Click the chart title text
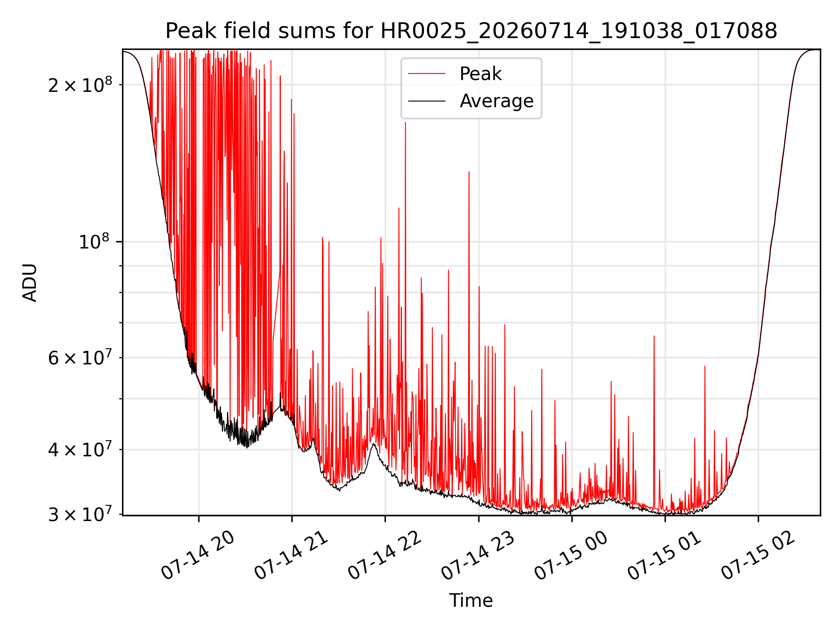(471, 31)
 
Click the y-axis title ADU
(30, 283)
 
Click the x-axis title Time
(471, 600)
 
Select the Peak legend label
(480, 74)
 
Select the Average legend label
(497, 101)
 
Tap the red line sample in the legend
(427, 74)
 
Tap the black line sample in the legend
(427, 101)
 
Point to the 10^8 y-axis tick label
(94, 241)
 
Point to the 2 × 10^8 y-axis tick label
(80, 84)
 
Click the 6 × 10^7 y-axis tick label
(80, 357)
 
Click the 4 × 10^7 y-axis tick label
(80, 449)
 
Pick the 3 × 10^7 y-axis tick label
(80, 514)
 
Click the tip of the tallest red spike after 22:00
(405, 122)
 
